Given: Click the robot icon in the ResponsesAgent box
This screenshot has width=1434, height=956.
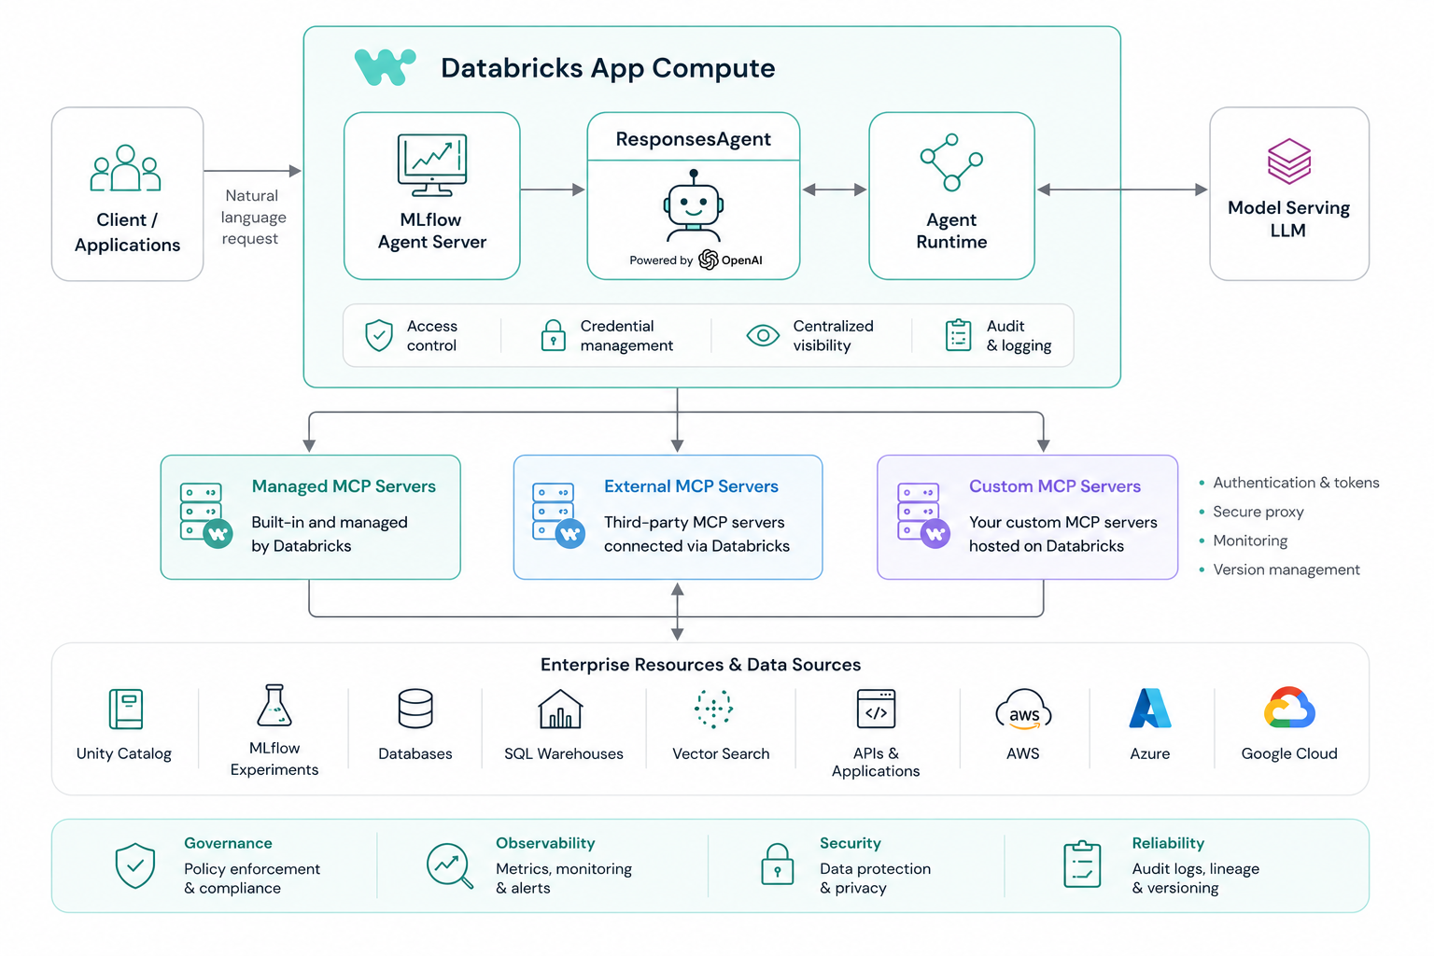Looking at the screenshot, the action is [x=694, y=205].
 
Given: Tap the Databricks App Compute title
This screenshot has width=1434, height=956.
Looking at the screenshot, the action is [x=608, y=68].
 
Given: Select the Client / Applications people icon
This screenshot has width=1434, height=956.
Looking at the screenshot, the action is [x=125, y=168].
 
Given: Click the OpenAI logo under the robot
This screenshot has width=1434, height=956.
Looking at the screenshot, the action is [x=708, y=260].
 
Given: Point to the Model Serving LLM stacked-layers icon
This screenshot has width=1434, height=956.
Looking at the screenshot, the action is [x=1288, y=161].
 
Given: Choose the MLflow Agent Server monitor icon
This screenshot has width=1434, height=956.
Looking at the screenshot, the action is [x=432, y=165].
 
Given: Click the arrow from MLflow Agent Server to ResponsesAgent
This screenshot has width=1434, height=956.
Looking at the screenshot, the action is [x=553, y=190].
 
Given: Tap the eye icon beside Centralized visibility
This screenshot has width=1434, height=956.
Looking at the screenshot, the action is [x=763, y=335].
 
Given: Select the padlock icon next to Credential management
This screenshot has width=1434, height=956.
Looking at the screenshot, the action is [x=553, y=335].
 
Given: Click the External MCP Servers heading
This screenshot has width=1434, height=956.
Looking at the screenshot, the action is [x=691, y=486].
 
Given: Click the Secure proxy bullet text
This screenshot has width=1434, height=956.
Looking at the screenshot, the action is [x=1258, y=512].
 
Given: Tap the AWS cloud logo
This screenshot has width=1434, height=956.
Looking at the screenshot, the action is [x=1023, y=709].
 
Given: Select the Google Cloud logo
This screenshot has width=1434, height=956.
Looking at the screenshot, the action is [x=1289, y=708].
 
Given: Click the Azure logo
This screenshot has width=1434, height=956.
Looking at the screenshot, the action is [x=1150, y=709].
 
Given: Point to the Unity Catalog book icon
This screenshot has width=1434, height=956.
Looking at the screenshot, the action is [x=125, y=709].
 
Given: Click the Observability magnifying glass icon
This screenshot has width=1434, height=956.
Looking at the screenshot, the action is [x=449, y=865].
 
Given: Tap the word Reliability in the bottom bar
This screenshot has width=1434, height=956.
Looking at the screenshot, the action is [x=1168, y=843].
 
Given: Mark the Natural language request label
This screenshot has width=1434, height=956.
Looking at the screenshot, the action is [x=253, y=218].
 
